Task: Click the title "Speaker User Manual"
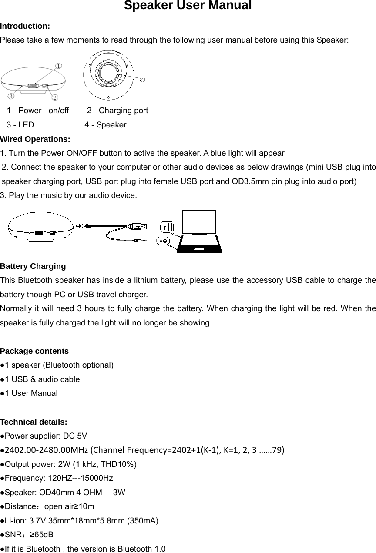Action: click(188, 6)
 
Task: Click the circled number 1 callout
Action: click(58, 66)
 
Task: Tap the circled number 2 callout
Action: click(55, 96)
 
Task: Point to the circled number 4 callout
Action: click(142, 80)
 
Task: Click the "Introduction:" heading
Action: click(25, 26)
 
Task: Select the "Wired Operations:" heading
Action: click(35, 139)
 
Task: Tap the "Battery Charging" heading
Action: click(33, 266)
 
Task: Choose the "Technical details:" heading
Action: click(34, 422)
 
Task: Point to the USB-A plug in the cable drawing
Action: click(138, 226)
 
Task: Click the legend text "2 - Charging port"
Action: click(117, 111)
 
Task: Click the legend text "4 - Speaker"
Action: click(105, 125)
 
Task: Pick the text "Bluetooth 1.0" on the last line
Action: click(141, 549)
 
